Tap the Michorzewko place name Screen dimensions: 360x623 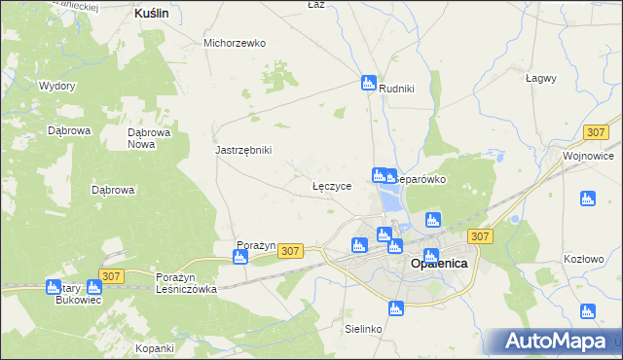coord(235,43)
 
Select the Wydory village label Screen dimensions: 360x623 coord(57,86)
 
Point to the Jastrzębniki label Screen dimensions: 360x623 coord(242,150)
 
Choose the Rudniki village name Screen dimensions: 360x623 coord(397,89)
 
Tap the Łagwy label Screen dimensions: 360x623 coord(540,78)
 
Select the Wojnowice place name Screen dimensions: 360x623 coord(588,155)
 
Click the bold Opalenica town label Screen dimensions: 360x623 coord(439,264)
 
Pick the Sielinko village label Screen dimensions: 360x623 coord(363,329)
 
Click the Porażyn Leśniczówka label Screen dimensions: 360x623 coord(186,283)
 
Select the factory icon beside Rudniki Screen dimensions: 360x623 coord(369,83)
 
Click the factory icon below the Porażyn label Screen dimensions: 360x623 coord(239,257)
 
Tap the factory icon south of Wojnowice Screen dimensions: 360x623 coord(587,198)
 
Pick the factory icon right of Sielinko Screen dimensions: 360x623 coord(394,309)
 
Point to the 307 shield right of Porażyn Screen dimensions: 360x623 coord(290,251)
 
